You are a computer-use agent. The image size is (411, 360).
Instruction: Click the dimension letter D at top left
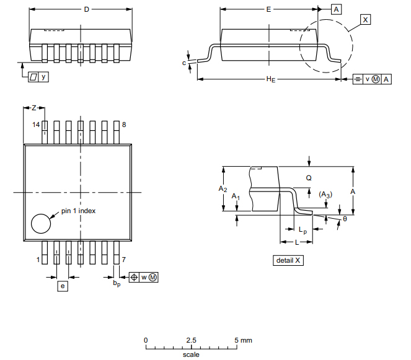tap(86, 9)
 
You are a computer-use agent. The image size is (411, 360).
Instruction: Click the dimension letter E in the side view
tap(268, 9)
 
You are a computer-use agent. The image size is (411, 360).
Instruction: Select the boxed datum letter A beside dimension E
tap(336, 9)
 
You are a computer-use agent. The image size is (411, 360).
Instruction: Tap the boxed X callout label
tap(365, 20)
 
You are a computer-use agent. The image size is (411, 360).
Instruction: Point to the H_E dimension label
tap(270, 79)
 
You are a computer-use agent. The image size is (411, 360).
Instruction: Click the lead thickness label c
tap(184, 63)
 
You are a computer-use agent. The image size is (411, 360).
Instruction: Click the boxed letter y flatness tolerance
tap(43, 77)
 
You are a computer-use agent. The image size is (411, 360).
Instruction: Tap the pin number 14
tap(36, 125)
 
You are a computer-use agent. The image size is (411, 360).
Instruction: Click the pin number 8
tap(124, 125)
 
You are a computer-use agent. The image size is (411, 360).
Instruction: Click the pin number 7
tap(124, 260)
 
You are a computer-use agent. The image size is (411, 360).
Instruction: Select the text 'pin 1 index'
tap(78, 211)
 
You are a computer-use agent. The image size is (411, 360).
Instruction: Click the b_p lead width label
tap(116, 283)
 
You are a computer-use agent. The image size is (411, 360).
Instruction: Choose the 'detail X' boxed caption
tap(288, 260)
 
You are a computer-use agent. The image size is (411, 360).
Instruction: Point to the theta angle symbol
tap(345, 218)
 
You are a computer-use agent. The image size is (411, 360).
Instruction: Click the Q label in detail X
tap(308, 177)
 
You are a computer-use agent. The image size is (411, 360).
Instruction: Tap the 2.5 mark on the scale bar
tap(191, 340)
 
